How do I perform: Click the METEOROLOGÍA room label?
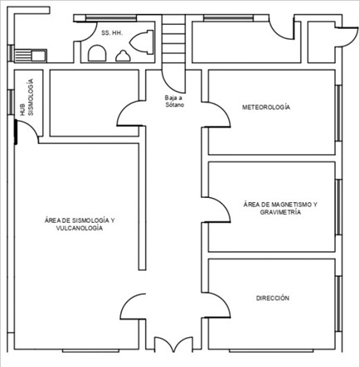click(266, 107)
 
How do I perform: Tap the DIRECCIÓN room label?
click(273, 298)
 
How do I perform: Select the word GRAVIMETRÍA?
click(280, 212)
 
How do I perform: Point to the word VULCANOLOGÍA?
click(80, 228)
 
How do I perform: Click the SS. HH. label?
click(112, 33)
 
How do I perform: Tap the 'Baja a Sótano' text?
click(174, 101)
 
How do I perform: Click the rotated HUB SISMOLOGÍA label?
click(27, 97)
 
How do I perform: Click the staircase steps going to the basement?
click(173, 39)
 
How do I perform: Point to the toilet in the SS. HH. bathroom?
click(142, 42)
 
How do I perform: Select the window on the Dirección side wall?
click(338, 304)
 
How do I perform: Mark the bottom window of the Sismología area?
click(91, 350)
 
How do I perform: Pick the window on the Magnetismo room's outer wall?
click(338, 207)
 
